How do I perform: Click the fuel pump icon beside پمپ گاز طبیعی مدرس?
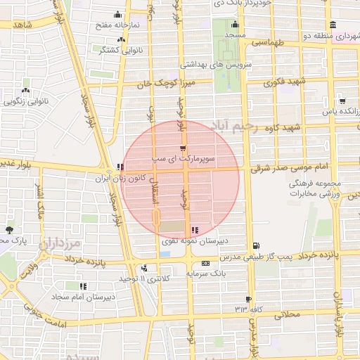[255, 245]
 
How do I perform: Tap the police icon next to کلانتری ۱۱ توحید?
[144, 267]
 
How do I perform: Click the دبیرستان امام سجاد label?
[82, 297]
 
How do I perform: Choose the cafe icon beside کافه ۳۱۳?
[248, 299]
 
